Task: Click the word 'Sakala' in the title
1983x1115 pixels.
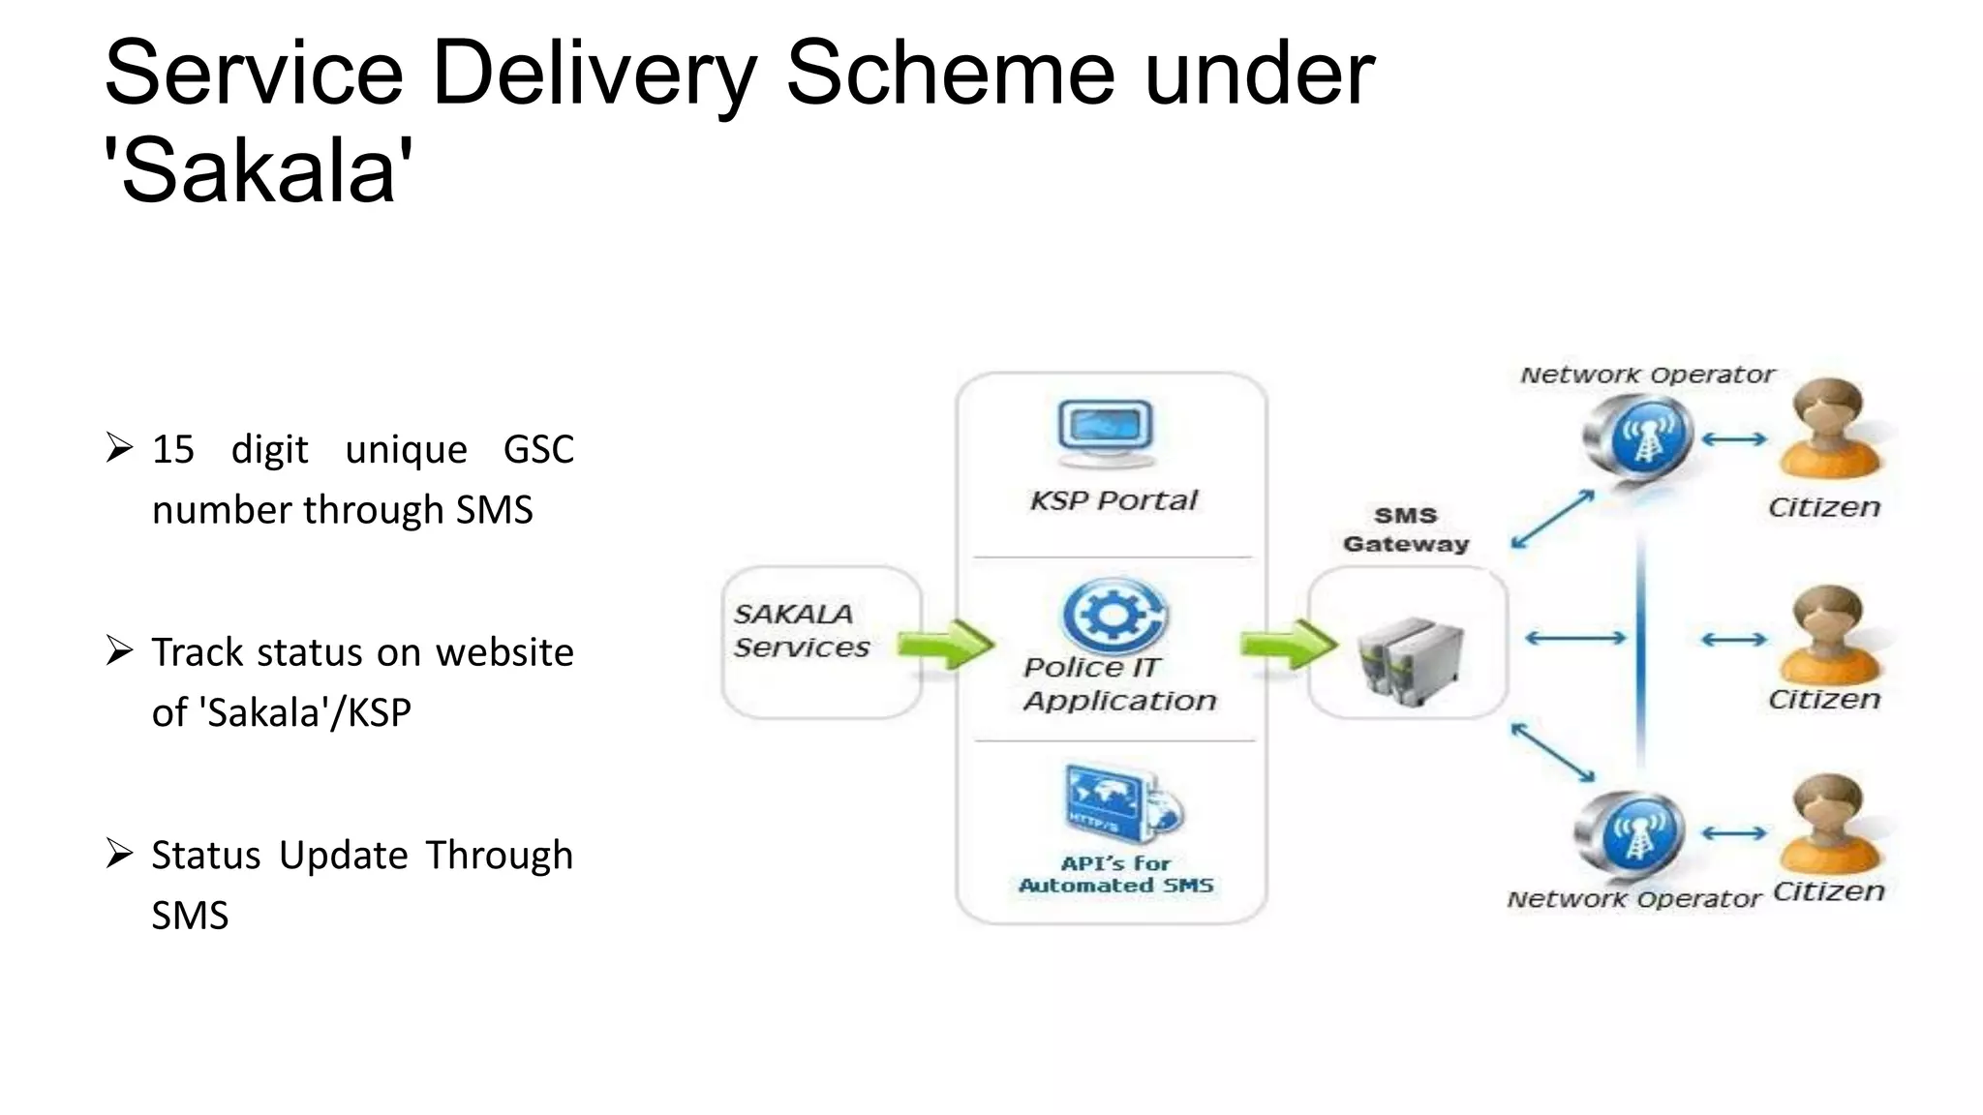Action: point(259,171)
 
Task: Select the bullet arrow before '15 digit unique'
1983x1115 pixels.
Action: point(119,448)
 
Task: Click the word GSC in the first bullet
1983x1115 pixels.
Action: point(538,450)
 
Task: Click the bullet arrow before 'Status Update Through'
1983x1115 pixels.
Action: point(119,854)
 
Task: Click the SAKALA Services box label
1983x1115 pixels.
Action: point(801,630)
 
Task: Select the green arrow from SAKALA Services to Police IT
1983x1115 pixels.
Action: point(944,645)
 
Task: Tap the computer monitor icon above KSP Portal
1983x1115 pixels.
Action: point(1106,433)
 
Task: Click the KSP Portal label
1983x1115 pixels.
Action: point(1114,500)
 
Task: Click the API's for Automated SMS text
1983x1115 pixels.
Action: point(1115,874)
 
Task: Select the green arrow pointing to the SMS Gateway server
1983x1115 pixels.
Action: point(1288,644)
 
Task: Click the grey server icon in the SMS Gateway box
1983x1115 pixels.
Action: point(1409,659)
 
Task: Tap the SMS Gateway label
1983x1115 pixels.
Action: point(1406,529)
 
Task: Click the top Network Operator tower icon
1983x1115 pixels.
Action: point(1639,438)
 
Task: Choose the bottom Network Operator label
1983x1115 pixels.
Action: point(1633,899)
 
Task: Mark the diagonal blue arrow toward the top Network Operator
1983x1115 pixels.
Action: point(1552,520)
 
